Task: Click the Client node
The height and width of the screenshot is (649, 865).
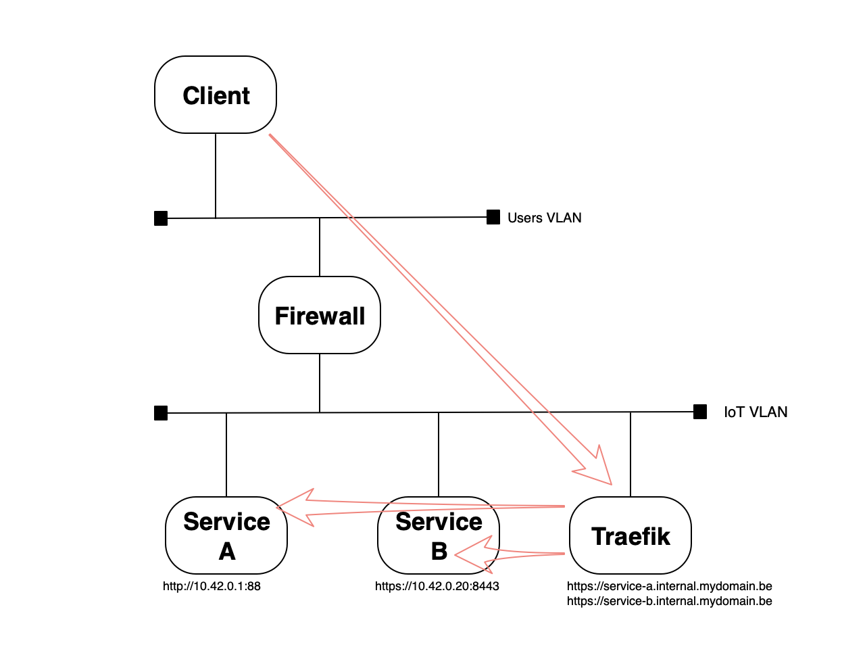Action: coord(216,95)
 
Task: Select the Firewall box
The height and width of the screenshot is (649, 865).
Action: coord(320,315)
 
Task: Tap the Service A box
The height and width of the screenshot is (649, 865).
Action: coord(226,535)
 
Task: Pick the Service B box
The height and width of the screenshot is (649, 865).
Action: coord(439,535)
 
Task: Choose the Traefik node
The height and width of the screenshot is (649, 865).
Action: coord(631,535)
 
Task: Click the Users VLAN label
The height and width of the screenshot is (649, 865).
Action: coord(544,218)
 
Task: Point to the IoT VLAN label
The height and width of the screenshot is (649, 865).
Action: coord(756,412)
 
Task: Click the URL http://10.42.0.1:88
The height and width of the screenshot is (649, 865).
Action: coord(212,586)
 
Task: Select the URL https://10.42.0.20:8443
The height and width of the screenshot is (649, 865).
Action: coord(437,586)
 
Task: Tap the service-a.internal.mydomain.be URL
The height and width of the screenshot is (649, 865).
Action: coord(669,586)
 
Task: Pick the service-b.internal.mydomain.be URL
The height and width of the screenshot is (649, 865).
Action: coord(669,601)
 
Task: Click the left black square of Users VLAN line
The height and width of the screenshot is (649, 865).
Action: coord(161,218)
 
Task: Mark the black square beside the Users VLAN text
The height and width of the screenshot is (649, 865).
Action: coord(493,217)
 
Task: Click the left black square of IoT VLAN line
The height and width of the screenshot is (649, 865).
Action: coord(161,413)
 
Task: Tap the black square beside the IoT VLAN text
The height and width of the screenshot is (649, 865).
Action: coord(700,412)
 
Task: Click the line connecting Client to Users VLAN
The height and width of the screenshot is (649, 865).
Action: coord(216,176)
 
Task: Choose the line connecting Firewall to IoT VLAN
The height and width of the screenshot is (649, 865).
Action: coord(320,383)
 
